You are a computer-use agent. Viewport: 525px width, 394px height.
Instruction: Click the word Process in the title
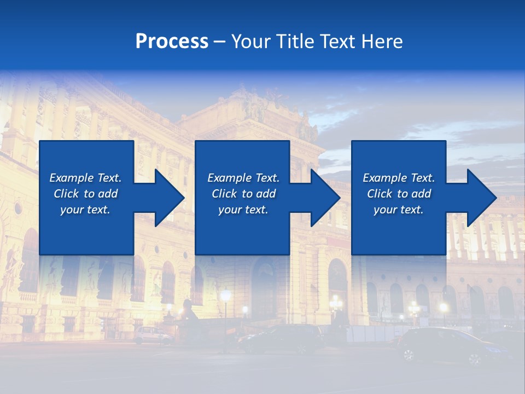pos(172,42)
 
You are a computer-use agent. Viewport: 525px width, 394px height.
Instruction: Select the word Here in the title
pos(381,42)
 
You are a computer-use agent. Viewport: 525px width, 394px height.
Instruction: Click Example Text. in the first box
pos(85,178)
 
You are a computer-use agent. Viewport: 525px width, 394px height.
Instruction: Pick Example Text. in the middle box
pos(243,178)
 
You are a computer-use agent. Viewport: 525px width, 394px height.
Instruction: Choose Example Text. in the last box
pos(399,178)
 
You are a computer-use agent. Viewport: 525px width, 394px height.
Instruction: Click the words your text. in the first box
pos(85,210)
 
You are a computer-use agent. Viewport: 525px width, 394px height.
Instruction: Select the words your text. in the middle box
pos(243,210)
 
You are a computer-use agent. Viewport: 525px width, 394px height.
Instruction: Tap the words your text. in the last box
pos(399,210)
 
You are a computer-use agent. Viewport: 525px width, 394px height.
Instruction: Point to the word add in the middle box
pos(266,194)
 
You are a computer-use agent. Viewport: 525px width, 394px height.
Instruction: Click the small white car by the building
pos(153,335)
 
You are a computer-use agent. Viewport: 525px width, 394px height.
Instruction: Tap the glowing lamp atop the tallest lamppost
pos(225,296)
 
